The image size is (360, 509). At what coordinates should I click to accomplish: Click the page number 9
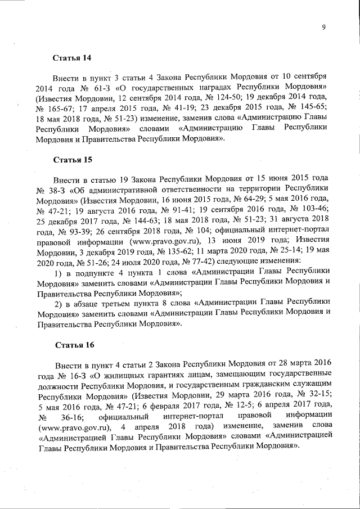pyautogui.click(x=325, y=28)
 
